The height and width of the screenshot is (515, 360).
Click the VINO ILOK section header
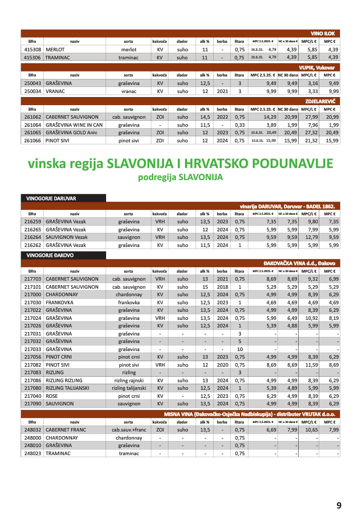[323, 33]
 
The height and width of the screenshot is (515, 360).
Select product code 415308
[32, 50]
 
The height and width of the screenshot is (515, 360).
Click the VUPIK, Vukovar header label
[319, 67]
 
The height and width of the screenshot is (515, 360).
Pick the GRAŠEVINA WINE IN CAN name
[74, 125]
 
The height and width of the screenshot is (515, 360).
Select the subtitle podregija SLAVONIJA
[180, 178]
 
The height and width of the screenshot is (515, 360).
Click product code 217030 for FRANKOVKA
[32, 303]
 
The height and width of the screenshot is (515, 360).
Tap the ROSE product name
[52, 396]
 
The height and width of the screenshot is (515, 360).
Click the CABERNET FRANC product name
[66, 430]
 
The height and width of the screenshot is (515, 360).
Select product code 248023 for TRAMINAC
[32, 453]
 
